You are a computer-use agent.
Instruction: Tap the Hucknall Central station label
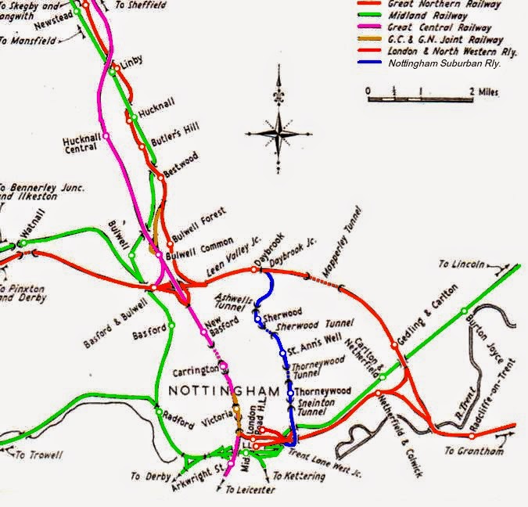click(x=81, y=146)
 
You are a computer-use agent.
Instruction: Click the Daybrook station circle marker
click(x=254, y=270)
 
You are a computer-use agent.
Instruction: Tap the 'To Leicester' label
click(x=250, y=490)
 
